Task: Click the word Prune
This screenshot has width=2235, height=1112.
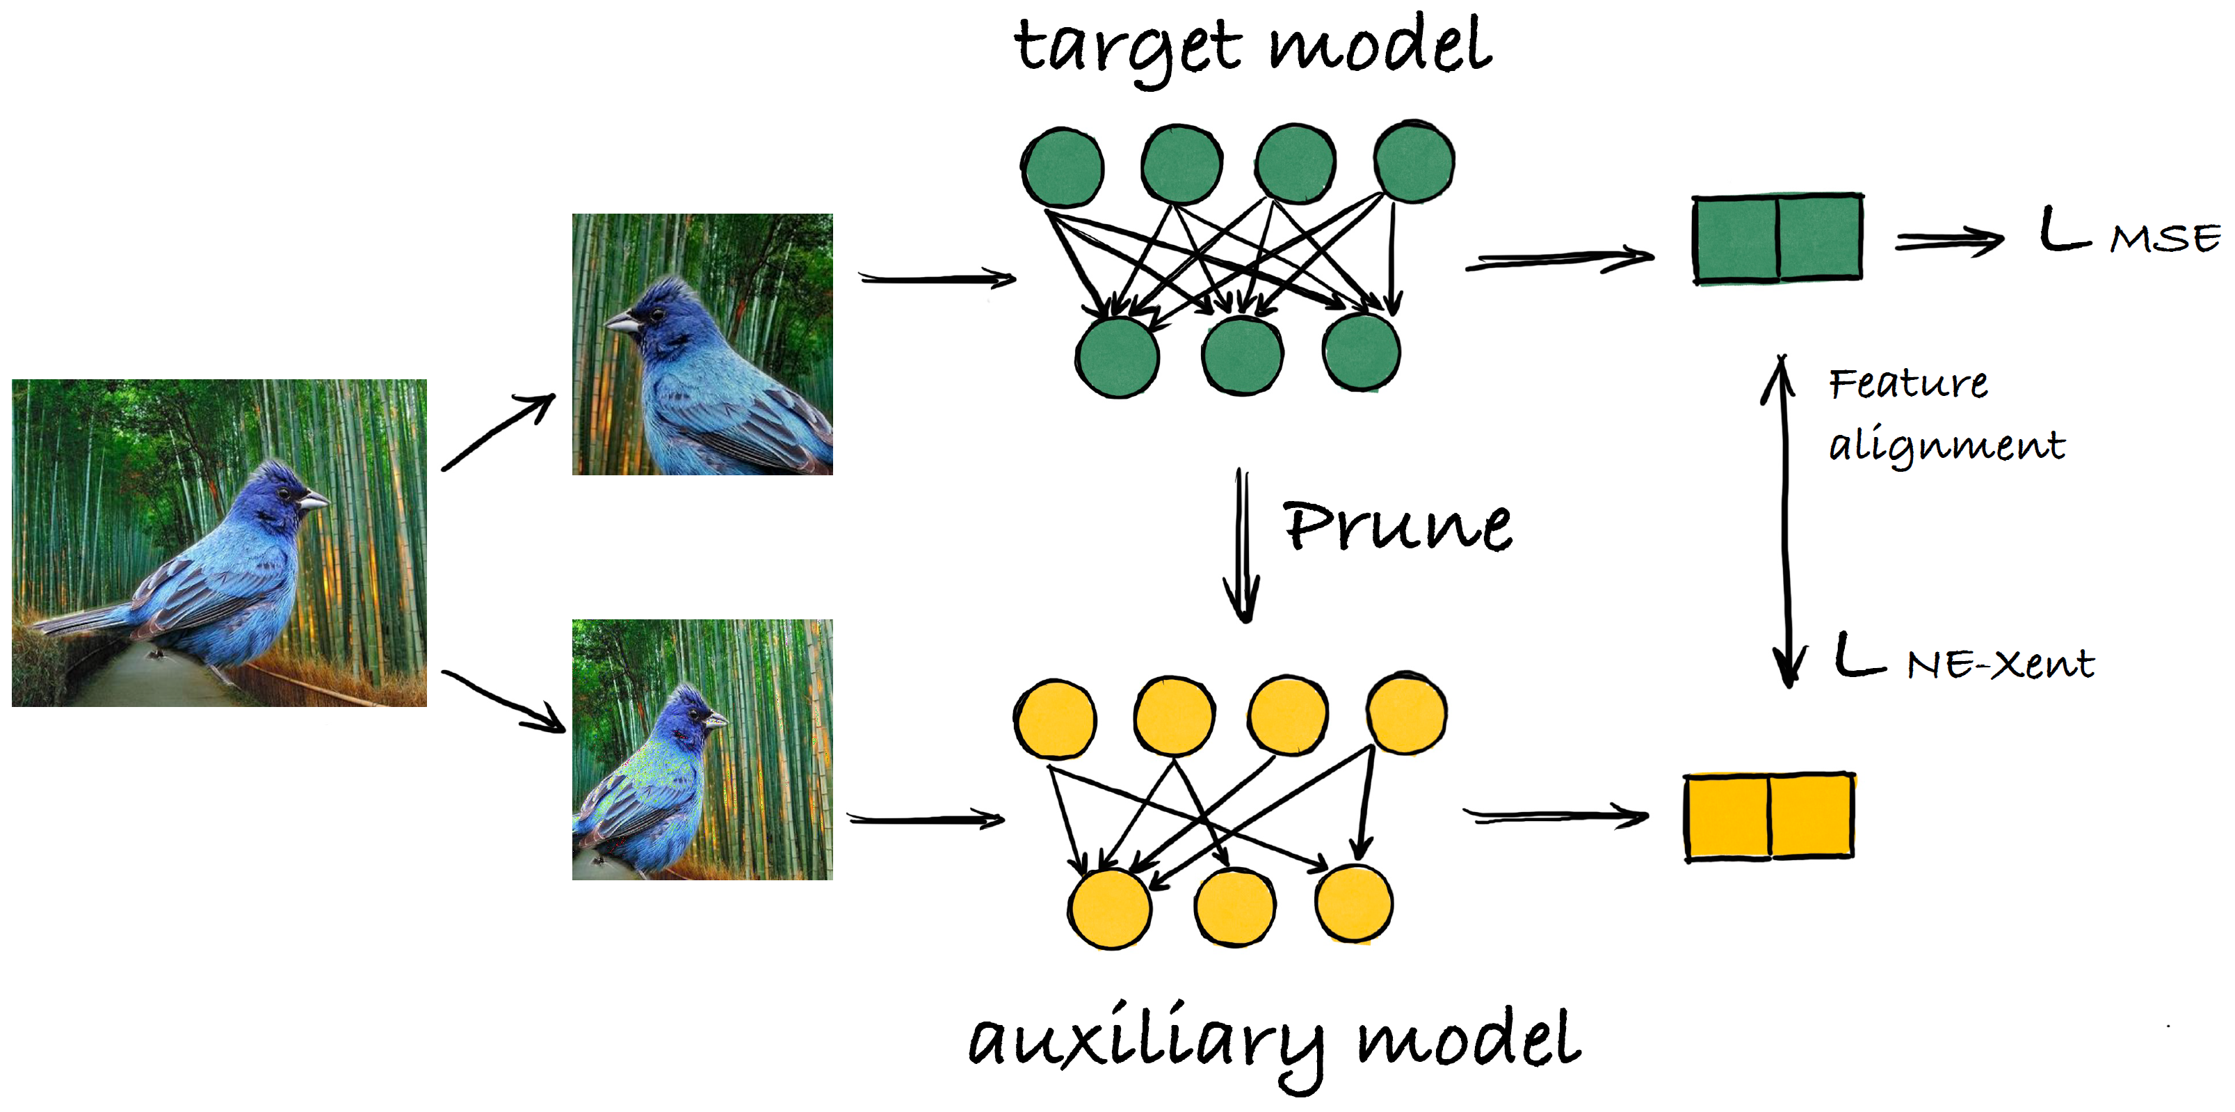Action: tap(1397, 526)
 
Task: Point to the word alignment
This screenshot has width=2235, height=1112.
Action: tap(1947, 446)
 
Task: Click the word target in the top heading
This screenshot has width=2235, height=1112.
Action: tap(1128, 48)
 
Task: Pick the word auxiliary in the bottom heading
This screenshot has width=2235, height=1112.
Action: tap(1145, 1042)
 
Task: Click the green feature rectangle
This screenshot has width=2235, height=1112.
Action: tap(1777, 238)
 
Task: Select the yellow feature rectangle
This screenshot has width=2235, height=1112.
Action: tap(1769, 816)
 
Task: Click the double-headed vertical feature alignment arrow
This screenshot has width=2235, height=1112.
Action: tap(1784, 521)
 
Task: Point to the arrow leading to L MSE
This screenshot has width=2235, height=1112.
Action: tap(1948, 241)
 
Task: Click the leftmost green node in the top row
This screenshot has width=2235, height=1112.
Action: tap(1062, 168)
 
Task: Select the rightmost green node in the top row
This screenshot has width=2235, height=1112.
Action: tap(1414, 162)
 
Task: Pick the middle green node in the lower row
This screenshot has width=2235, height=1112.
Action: tap(1243, 356)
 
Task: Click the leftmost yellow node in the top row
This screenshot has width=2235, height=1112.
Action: tap(1055, 719)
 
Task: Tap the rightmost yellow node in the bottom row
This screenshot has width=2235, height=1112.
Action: tap(1353, 904)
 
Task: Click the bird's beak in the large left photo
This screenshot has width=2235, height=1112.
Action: tap(314, 501)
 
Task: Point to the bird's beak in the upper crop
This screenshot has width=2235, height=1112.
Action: tap(620, 324)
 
